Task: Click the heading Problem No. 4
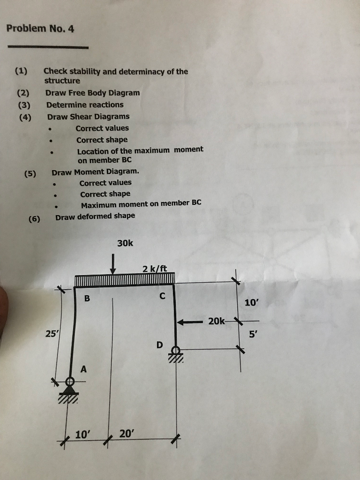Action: (x=40, y=29)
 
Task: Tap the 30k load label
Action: (x=125, y=243)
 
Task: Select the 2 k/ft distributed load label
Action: (x=155, y=269)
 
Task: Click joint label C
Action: (x=162, y=296)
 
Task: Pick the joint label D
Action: (x=159, y=345)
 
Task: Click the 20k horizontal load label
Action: (x=217, y=321)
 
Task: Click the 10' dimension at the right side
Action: (x=251, y=302)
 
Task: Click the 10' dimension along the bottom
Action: (x=82, y=435)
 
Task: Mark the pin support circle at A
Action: (x=70, y=382)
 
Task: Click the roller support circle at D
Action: (x=176, y=350)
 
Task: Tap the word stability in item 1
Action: (x=85, y=72)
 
